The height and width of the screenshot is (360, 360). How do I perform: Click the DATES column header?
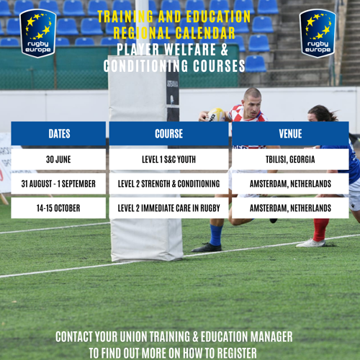click(x=59, y=134)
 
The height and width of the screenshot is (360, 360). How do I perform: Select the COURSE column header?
click(x=168, y=134)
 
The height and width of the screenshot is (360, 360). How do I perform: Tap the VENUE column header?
click(x=290, y=134)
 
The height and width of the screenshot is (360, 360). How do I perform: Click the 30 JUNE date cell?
click(x=59, y=159)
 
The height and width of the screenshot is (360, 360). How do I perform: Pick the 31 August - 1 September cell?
click(x=59, y=184)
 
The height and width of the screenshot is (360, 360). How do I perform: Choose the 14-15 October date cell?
click(x=59, y=208)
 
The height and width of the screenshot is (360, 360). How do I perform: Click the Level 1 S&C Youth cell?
click(x=168, y=159)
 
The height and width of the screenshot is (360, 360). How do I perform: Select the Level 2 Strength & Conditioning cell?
click(x=168, y=184)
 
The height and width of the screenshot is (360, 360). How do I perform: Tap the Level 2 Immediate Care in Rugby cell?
click(x=168, y=208)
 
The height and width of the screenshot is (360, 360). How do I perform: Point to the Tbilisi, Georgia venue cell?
click(x=290, y=159)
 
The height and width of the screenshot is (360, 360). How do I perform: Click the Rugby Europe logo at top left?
click(x=37, y=33)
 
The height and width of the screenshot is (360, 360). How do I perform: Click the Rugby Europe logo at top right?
click(x=318, y=33)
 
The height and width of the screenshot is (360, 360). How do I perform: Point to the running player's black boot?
click(x=207, y=247)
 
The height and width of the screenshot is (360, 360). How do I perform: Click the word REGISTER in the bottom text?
click(x=233, y=352)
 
